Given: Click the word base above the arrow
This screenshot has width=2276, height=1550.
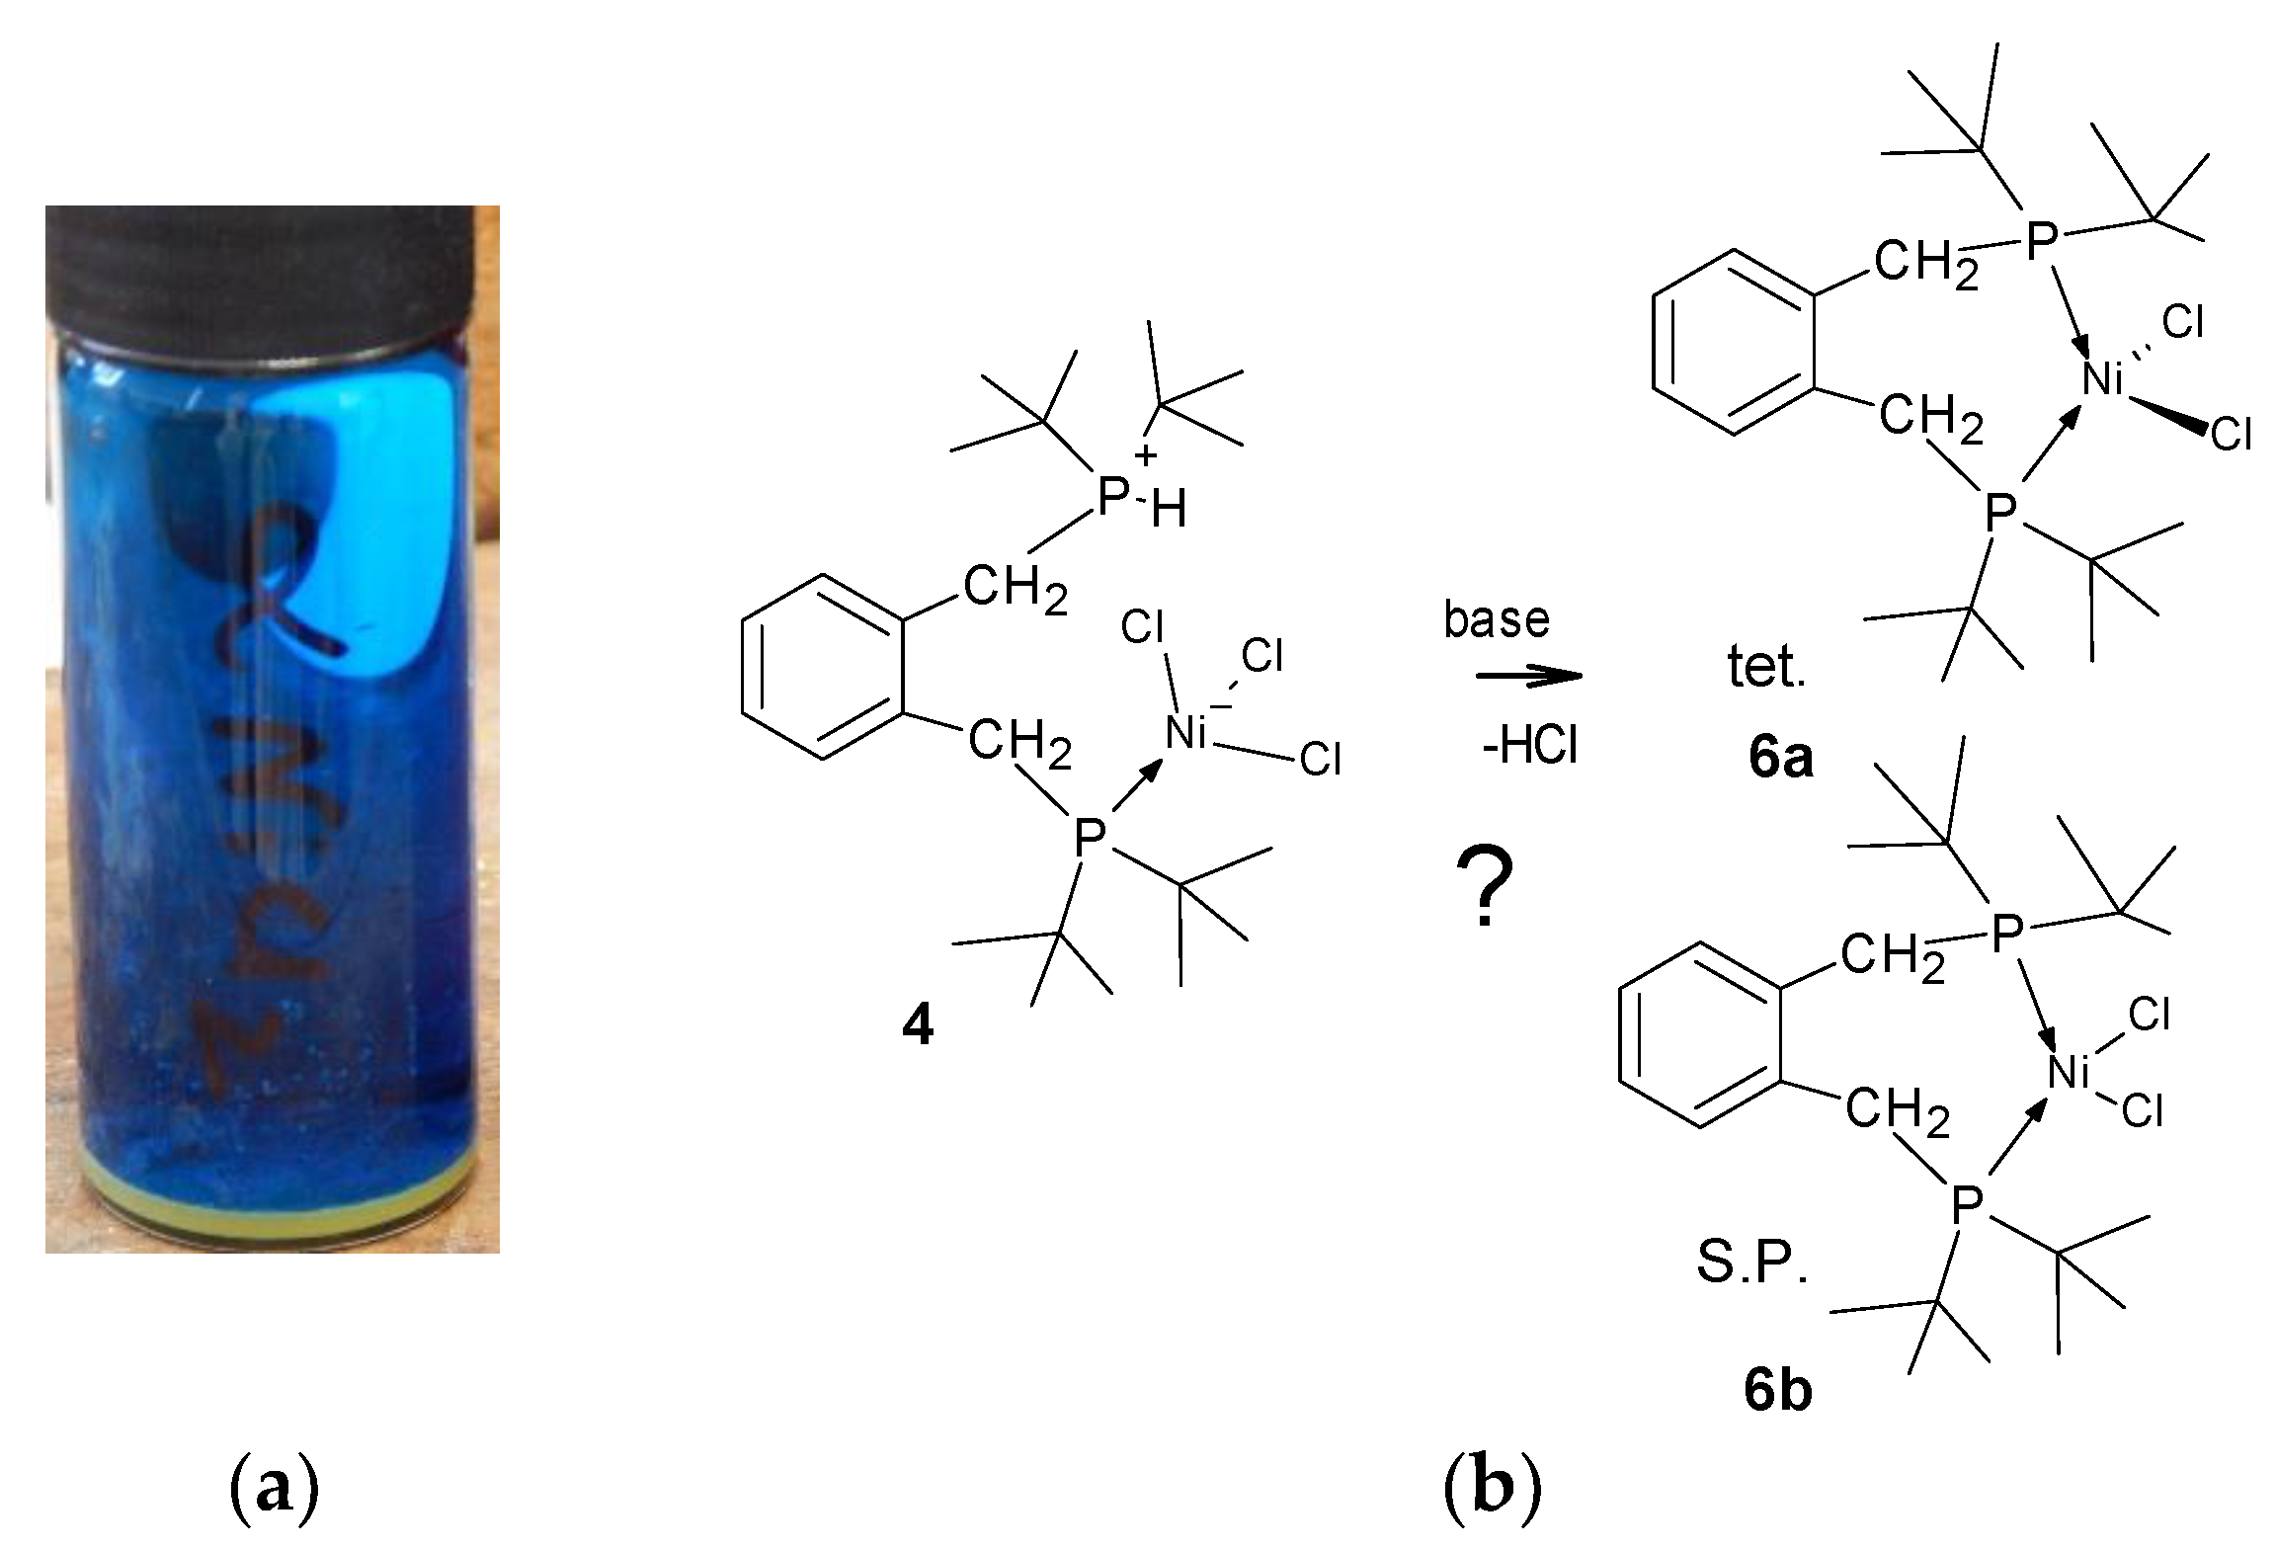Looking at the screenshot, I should pos(1497,619).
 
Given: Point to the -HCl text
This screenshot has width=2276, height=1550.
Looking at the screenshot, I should pos(1529,747).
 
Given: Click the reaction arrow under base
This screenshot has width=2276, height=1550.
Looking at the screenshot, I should pos(1528,677).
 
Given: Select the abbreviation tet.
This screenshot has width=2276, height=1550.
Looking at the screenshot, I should pos(1766,669).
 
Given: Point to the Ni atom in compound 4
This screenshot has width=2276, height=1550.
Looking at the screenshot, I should pos(1185,733).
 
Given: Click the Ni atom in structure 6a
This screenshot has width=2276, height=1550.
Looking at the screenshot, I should pos(2102,379).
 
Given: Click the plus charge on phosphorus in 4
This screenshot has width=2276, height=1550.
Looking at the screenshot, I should pos(1145,456).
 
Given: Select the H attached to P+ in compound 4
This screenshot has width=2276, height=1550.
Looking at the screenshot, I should pos(1169,512).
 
